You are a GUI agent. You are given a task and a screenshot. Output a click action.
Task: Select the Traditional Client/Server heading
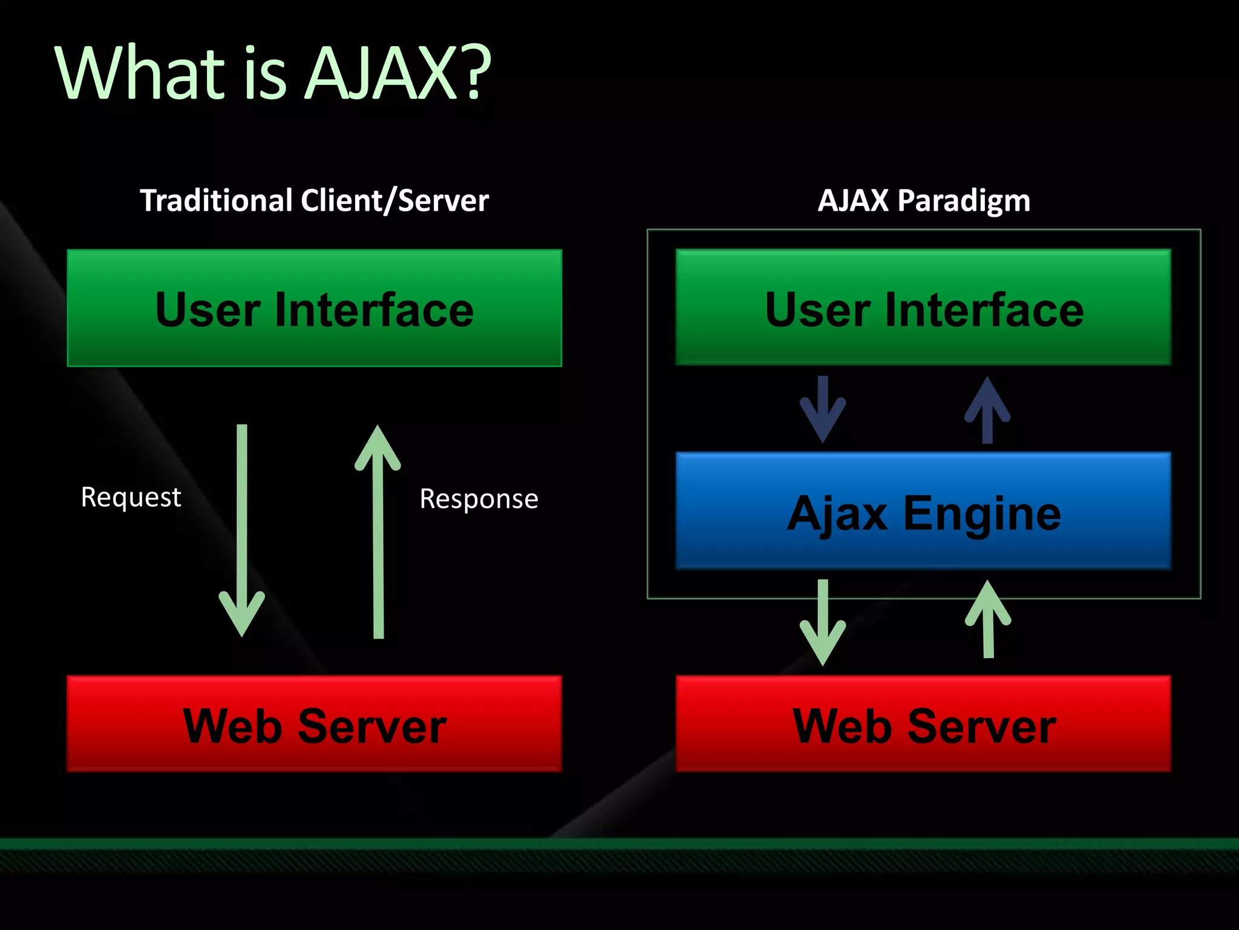coord(314,200)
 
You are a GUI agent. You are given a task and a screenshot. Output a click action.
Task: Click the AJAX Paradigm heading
coord(924,200)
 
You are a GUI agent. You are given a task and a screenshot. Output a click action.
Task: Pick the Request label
coord(131,498)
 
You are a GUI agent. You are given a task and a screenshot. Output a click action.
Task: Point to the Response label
coord(479,499)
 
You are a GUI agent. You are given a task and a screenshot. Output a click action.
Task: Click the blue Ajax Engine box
coord(923,511)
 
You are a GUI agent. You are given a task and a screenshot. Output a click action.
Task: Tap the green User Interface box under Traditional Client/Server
coord(314,308)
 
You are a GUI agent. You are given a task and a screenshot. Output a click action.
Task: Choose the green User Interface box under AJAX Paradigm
coord(923,308)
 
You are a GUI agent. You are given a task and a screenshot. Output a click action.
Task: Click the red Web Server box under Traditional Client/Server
coord(314,724)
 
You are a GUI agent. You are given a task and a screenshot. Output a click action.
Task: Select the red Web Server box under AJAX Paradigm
coord(923,724)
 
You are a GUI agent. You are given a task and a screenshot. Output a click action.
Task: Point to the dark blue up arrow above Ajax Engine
coord(987,410)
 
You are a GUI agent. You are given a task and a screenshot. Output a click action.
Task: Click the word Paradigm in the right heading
coord(964,200)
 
